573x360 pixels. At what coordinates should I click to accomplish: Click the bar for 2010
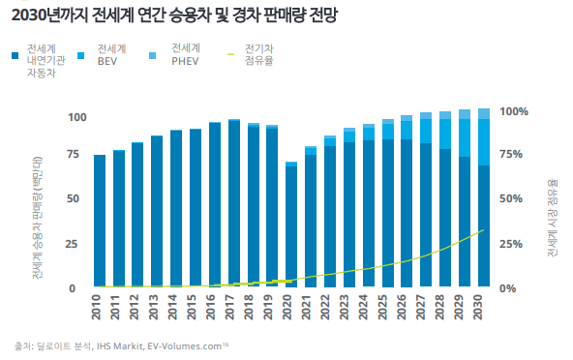click(100, 221)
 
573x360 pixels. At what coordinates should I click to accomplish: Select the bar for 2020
click(291, 225)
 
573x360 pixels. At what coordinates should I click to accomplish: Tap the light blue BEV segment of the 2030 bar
click(484, 142)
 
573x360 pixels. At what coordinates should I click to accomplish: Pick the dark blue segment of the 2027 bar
click(426, 215)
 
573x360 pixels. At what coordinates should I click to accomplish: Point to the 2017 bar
click(234, 203)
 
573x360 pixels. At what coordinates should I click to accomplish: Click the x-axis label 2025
click(382, 308)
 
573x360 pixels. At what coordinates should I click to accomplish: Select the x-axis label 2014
click(172, 308)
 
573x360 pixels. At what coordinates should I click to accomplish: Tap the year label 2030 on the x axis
click(478, 308)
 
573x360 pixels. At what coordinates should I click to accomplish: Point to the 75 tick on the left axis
click(74, 154)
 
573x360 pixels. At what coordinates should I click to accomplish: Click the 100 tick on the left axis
click(77, 117)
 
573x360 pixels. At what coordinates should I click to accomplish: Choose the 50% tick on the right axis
click(511, 198)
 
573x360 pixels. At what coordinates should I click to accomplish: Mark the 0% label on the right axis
click(508, 288)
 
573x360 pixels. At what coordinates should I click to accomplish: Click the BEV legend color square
click(80, 55)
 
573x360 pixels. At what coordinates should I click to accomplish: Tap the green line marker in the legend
click(230, 55)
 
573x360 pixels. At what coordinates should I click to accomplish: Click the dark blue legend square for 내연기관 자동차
click(15, 55)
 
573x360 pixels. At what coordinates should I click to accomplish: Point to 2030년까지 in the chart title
click(49, 15)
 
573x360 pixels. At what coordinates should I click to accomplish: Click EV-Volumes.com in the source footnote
click(185, 346)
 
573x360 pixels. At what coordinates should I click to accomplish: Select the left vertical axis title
click(38, 218)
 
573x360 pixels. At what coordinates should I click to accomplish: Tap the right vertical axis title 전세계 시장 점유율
click(552, 218)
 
